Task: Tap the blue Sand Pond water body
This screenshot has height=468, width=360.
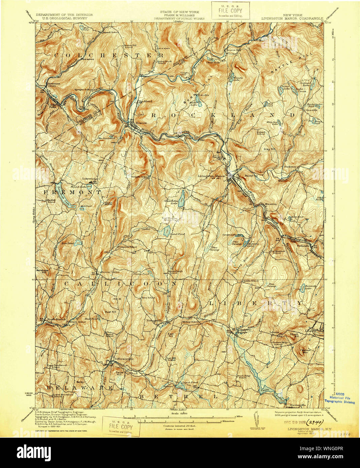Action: click(166, 231)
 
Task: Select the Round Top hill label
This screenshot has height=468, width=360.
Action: click(251, 176)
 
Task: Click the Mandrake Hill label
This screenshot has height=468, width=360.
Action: click(42, 271)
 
